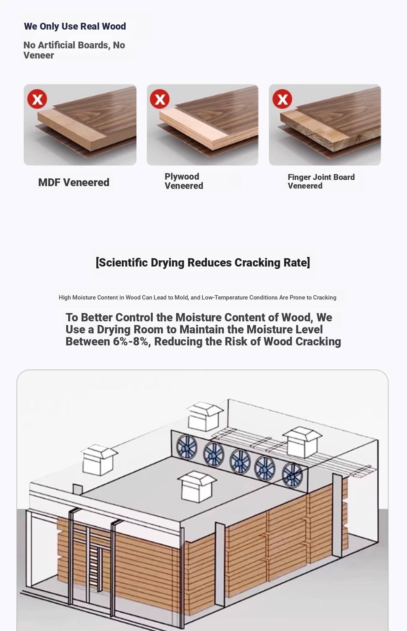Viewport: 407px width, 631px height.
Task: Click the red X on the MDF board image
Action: (x=37, y=99)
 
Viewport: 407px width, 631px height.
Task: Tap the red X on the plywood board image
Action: (x=159, y=99)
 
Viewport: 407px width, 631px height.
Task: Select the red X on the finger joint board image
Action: (x=282, y=99)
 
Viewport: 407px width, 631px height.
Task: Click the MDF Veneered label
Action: (x=74, y=182)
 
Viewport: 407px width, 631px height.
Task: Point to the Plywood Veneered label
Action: (x=184, y=181)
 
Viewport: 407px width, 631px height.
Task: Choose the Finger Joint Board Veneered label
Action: (x=321, y=181)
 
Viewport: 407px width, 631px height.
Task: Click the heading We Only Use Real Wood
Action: (x=75, y=26)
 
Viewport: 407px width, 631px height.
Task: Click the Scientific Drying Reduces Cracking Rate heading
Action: (x=203, y=263)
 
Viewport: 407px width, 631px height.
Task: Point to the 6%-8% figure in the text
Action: (x=131, y=342)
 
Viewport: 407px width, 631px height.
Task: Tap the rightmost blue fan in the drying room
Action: (x=292, y=475)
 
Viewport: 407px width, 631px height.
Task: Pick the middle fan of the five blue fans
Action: (x=240, y=461)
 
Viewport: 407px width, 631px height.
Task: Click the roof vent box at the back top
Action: (x=205, y=416)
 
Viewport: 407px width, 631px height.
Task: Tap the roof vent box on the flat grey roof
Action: (x=197, y=486)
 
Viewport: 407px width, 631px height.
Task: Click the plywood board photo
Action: (x=203, y=125)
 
